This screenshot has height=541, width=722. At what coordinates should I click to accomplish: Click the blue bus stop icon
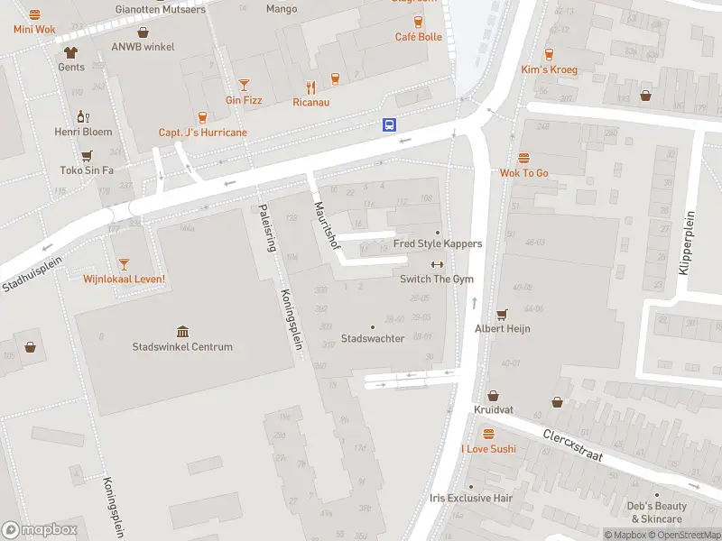[x=389, y=125]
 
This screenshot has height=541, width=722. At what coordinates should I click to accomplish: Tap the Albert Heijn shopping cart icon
[x=503, y=314]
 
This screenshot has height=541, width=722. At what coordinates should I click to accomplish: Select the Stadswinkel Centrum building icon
[x=183, y=331]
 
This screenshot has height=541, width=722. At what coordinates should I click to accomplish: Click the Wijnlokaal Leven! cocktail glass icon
[x=124, y=263]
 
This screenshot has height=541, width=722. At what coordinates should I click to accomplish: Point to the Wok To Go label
[x=524, y=173]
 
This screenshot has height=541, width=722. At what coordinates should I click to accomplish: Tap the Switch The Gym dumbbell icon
[x=438, y=264]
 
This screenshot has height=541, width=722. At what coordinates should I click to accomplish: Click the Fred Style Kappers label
[x=438, y=243]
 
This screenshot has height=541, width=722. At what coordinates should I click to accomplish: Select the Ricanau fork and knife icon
[x=311, y=87]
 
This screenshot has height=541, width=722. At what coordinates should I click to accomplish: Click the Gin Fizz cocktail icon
[x=244, y=85]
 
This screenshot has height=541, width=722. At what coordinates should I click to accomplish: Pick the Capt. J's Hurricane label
[x=202, y=133]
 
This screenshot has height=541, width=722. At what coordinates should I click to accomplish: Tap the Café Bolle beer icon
[x=418, y=22]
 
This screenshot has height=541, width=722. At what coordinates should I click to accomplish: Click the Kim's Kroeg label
[x=549, y=69]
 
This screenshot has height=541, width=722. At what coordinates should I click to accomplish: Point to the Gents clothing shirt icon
[x=71, y=51]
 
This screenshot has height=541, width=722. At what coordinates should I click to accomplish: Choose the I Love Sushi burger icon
[x=488, y=434]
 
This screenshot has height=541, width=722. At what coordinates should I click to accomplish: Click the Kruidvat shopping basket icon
[x=494, y=395]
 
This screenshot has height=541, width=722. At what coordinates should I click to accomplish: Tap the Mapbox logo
[x=40, y=529]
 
